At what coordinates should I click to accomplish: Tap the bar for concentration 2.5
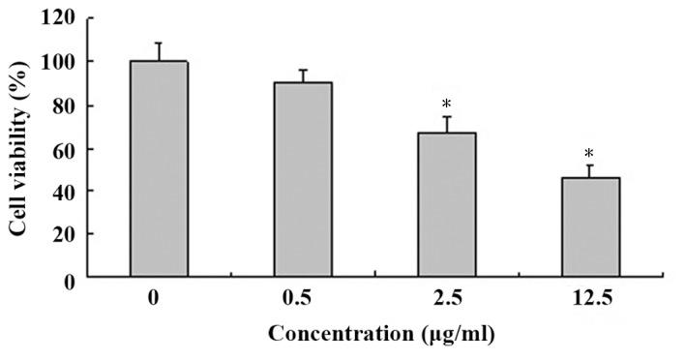click(447, 204)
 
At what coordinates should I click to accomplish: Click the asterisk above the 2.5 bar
click(447, 105)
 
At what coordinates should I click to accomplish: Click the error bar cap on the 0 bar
click(159, 43)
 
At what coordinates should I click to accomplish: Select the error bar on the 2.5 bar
click(447, 125)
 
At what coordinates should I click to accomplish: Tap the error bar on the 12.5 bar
click(591, 171)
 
